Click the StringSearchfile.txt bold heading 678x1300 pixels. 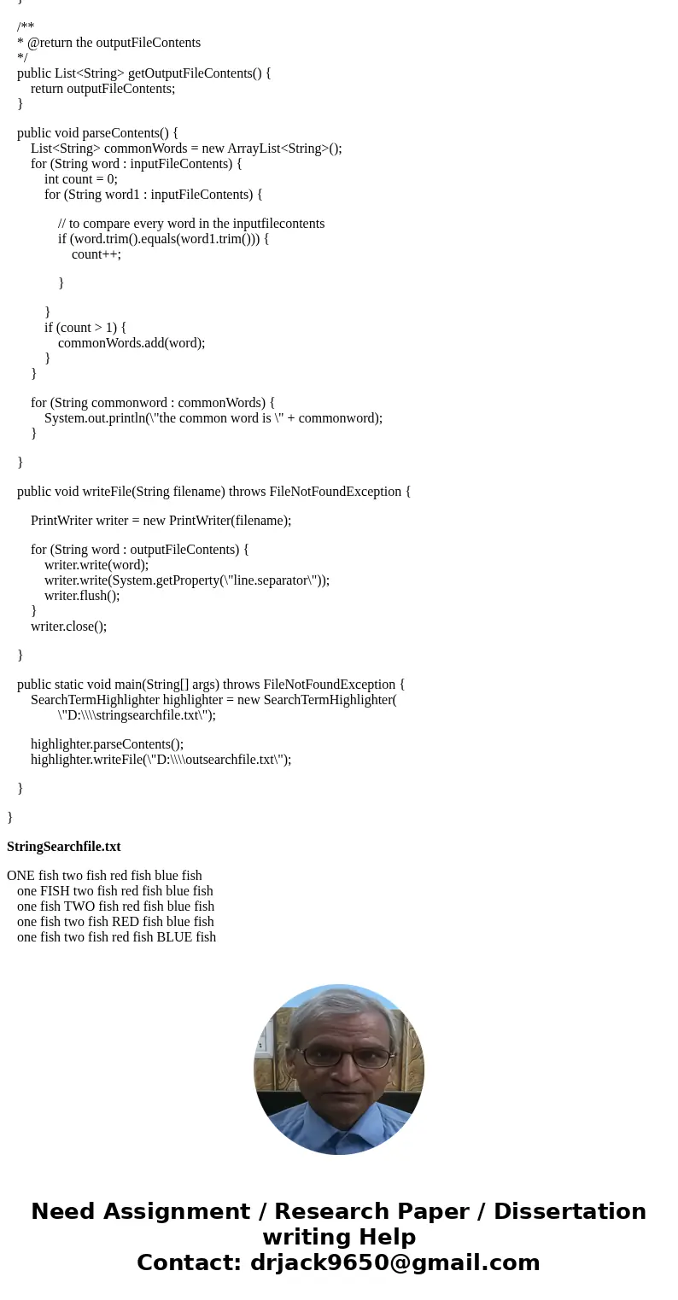tap(64, 847)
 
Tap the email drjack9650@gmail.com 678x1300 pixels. tap(395, 1262)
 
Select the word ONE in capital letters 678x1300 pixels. tap(20, 876)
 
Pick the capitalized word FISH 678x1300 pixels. tap(56, 891)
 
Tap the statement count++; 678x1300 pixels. tap(96, 254)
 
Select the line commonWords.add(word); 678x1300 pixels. tap(132, 343)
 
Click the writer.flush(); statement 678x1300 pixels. tap(82, 596)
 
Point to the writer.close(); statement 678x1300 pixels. tap(68, 627)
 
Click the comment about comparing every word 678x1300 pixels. tap(191, 224)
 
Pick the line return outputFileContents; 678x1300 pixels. tap(102, 89)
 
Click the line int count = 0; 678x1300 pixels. tap(81, 179)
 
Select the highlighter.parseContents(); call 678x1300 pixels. tap(107, 744)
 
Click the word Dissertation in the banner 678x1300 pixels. tap(570, 1212)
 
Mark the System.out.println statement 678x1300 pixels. tap(213, 418)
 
